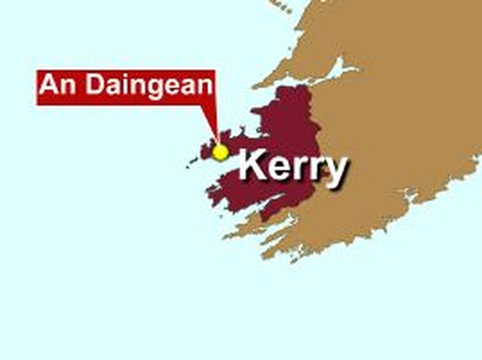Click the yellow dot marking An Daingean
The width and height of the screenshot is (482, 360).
tap(221, 152)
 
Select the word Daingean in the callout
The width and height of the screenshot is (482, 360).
tap(149, 85)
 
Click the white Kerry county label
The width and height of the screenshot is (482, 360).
tap(293, 167)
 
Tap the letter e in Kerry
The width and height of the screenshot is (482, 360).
tap(279, 168)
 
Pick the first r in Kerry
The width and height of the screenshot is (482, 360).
tap(299, 168)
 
